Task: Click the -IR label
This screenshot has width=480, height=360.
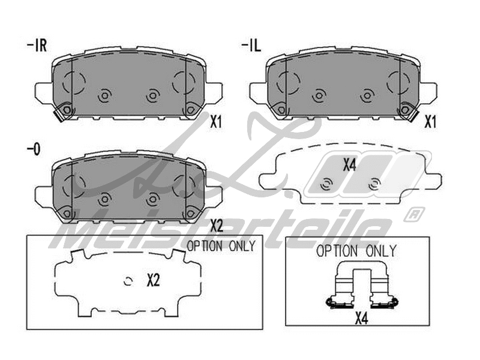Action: pyautogui.click(x=38, y=46)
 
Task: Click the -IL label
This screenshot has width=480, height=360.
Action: pyautogui.click(x=251, y=46)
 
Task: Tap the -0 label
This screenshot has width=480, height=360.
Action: pyautogui.click(x=33, y=149)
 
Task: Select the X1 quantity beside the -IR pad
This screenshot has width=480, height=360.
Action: pyautogui.click(x=217, y=122)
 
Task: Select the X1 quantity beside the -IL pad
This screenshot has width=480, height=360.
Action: pyautogui.click(x=430, y=122)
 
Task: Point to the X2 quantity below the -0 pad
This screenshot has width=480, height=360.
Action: pyautogui.click(x=217, y=226)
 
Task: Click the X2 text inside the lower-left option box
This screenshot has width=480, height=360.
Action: pyautogui.click(x=154, y=280)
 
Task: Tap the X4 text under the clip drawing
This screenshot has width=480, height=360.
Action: pyautogui.click(x=361, y=318)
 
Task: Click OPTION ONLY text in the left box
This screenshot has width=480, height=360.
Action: pyautogui.click(x=221, y=245)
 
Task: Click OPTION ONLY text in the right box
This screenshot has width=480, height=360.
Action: pyautogui.click(x=356, y=251)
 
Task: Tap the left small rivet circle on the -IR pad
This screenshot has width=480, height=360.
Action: pyautogui.click(x=103, y=95)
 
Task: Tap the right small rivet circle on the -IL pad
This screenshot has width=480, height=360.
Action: pyautogui.click(x=367, y=95)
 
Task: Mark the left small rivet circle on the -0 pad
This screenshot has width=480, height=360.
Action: pyautogui.click(x=104, y=198)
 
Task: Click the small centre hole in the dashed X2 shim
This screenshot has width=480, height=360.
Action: pyautogui.click(x=128, y=280)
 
